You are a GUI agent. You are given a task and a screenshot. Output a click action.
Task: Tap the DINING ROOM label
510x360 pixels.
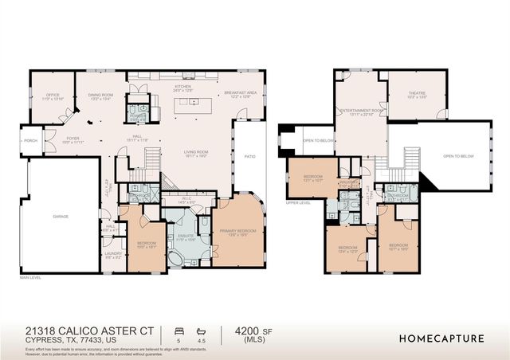[100, 96]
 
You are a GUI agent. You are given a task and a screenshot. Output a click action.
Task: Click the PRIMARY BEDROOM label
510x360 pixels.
[239, 233]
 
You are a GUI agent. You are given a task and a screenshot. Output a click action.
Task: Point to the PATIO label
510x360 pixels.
[249, 157]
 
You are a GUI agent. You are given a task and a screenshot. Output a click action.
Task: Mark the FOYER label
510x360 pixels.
[73, 139]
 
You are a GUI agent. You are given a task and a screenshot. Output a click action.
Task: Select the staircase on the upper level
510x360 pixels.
[411, 159]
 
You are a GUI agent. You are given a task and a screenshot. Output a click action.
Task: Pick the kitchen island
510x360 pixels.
[191, 103]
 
